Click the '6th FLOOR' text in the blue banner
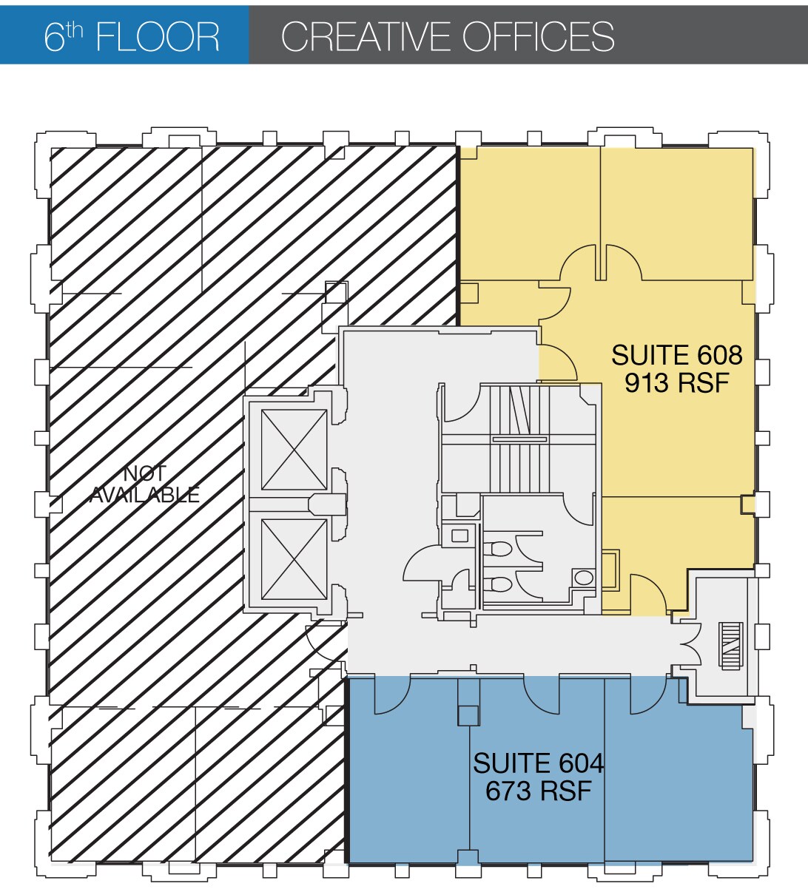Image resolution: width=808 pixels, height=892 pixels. pyautogui.click(x=132, y=36)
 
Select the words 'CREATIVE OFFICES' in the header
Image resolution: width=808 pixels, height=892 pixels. pyautogui.click(x=448, y=36)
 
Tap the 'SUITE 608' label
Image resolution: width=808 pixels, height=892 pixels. pyautogui.click(x=676, y=356)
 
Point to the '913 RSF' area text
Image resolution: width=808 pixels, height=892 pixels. pyautogui.click(x=676, y=383)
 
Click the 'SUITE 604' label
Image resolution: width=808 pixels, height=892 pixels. pyautogui.click(x=538, y=763)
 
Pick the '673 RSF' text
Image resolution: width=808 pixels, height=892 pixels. pyautogui.click(x=538, y=791)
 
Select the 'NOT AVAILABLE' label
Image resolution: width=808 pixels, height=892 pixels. pyautogui.click(x=145, y=484)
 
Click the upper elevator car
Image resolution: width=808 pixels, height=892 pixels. pyautogui.click(x=294, y=450)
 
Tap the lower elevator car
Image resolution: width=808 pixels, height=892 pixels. pyautogui.click(x=294, y=559)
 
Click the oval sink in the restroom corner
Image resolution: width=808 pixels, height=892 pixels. pyautogui.click(x=585, y=577)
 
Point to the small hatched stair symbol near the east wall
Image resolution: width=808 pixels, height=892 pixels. pyautogui.click(x=730, y=646)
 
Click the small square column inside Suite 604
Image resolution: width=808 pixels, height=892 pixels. pyautogui.click(x=468, y=715)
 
